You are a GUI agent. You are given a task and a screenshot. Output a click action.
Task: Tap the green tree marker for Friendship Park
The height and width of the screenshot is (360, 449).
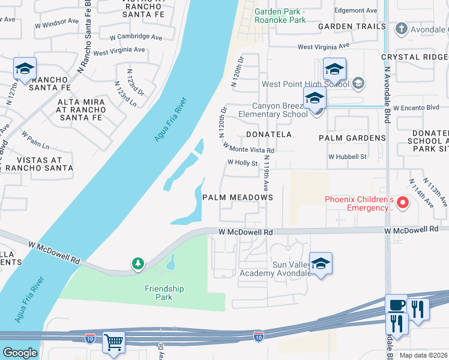(138, 263)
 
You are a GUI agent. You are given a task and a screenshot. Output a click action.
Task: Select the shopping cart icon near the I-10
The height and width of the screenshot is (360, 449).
(113, 341)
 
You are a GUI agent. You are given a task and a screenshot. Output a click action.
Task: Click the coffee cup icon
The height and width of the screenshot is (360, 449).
(396, 305)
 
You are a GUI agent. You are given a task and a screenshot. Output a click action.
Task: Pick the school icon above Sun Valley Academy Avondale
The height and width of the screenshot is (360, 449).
(321, 263)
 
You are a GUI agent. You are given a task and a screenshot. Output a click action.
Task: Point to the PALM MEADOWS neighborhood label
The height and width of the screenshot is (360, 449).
(238, 197)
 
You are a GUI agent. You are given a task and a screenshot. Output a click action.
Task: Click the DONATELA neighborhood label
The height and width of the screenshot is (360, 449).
(268, 134)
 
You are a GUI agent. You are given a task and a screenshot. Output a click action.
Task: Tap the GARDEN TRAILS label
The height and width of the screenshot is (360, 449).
(352, 26)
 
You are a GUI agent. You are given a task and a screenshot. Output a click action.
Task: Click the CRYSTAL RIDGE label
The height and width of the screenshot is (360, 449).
(415, 57)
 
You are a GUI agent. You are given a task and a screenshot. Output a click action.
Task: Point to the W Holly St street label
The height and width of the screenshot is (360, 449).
(242, 163)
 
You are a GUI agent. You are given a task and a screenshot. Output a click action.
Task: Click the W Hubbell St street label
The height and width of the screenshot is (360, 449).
(347, 157)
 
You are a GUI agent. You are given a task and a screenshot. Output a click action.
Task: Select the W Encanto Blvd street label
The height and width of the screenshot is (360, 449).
(417, 107)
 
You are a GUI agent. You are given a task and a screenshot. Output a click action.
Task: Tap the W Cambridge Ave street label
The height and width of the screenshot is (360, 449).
(136, 37)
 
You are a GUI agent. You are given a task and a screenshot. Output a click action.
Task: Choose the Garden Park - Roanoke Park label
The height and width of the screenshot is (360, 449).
(280, 16)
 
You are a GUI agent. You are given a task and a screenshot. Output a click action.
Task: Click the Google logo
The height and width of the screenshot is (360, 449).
(20, 353)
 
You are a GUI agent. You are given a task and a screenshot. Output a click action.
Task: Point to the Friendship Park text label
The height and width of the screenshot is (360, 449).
(164, 293)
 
